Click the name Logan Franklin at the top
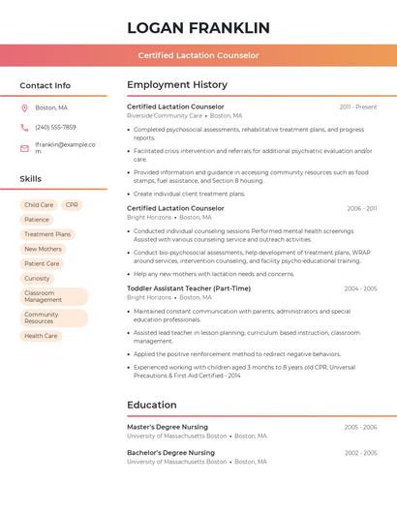pos(198,27)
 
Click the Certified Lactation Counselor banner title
pos(198,55)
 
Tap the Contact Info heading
pos(46,85)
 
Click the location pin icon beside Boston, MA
pos(24,107)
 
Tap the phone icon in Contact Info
pos(24,127)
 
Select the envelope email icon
pos(24,148)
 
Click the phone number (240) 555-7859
pos(55,127)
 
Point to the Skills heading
pos(31,179)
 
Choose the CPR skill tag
pos(72,205)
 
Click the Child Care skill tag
pos(39,205)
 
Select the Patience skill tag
pos(37,220)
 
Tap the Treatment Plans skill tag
pos(47,234)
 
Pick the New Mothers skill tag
pos(43,249)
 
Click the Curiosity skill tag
pos(37,278)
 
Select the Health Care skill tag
pos(41,336)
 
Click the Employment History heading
pos(177,85)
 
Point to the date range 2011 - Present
pos(358,106)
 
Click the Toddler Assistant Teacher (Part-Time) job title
pos(189,288)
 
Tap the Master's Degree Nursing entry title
pos(168,426)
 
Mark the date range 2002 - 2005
pos(360,453)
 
